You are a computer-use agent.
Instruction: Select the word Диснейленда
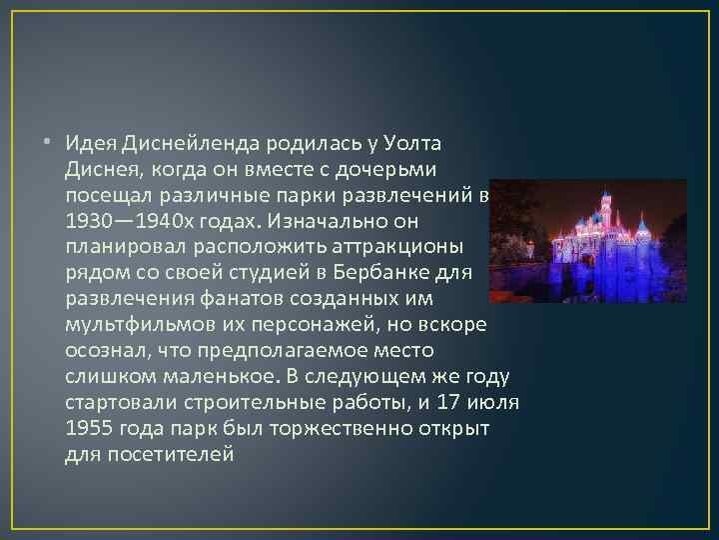[x=189, y=139]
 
